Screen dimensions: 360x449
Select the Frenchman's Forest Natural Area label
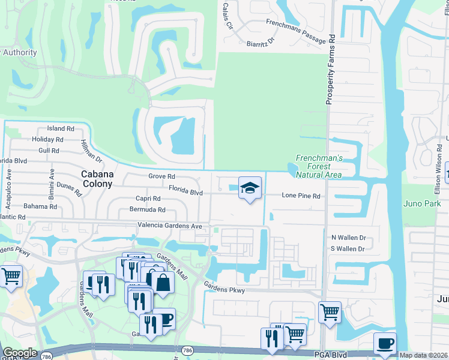pos(319,166)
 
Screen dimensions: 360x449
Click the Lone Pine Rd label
pos(301,196)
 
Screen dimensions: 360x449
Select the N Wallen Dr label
pos(348,238)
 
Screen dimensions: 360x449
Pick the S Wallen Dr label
pos(348,249)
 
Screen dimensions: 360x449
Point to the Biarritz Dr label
pos(260,43)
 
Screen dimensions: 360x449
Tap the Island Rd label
pos(61,128)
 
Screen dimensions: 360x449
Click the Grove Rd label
pos(161,176)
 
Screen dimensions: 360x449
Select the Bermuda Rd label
pos(147,209)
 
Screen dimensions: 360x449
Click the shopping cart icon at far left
pos(11,276)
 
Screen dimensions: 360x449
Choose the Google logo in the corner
pos(20,353)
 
